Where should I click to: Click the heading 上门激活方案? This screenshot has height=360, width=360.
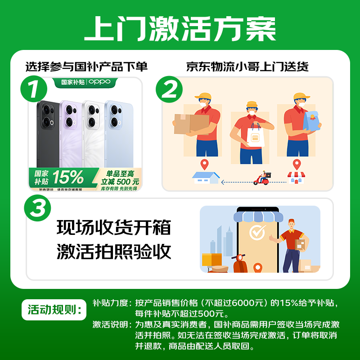(180, 29)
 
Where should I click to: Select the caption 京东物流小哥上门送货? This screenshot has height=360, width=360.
(247, 67)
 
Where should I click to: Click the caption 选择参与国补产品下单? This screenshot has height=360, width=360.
(86, 67)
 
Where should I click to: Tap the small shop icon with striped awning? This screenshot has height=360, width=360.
(296, 177)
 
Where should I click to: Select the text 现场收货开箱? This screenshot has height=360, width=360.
(114, 228)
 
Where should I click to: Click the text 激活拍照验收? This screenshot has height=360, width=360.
(114, 252)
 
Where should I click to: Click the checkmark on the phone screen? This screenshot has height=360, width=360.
(258, 233)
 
